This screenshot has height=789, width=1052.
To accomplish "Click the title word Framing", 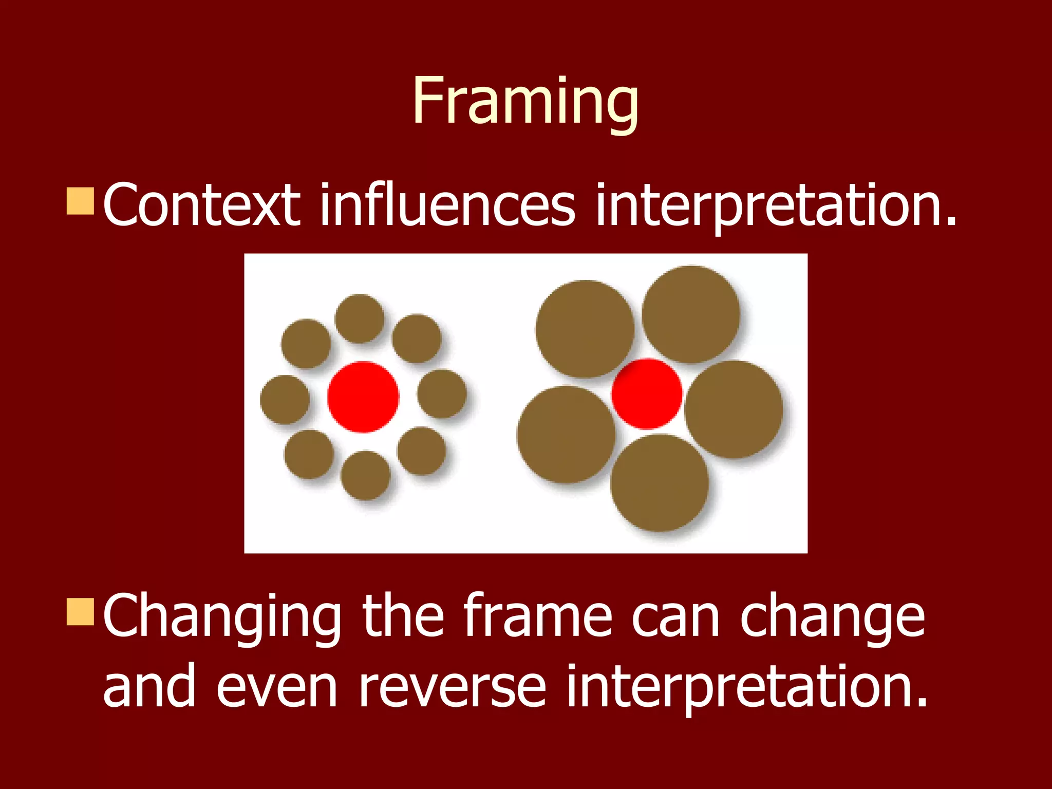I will [525, 101].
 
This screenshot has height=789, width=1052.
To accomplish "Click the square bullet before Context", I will [80, 201].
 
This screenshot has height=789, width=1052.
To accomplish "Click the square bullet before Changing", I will [80, 611].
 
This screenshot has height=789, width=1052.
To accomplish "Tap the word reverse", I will [452, 686].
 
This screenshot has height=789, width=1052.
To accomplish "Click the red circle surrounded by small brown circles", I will [363, 397].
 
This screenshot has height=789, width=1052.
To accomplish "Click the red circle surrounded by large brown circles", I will [647, 394].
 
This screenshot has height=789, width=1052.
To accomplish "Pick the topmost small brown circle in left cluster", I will [360, 318].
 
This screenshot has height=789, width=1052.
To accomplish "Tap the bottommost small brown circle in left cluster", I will [366, 475].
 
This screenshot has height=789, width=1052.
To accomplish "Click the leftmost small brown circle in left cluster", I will [285, 400].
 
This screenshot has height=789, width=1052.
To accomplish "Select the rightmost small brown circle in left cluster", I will [442, 394].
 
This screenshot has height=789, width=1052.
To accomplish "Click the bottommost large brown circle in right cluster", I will [660, 483].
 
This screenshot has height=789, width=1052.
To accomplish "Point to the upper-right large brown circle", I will [691, 314].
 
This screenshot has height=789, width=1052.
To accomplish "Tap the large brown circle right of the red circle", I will [734, 409].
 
